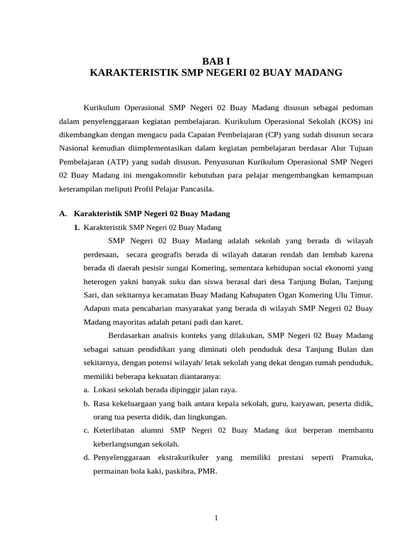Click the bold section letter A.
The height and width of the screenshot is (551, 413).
[x=62, y=214]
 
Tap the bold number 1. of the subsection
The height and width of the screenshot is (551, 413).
[x=77, y=228]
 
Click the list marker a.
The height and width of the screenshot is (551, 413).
[x=87, y=390]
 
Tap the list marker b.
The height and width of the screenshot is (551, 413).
[x=87, y=403]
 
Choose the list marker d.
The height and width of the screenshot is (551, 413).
[x=87, y=457]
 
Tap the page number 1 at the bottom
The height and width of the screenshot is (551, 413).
[x=216, y=518]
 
